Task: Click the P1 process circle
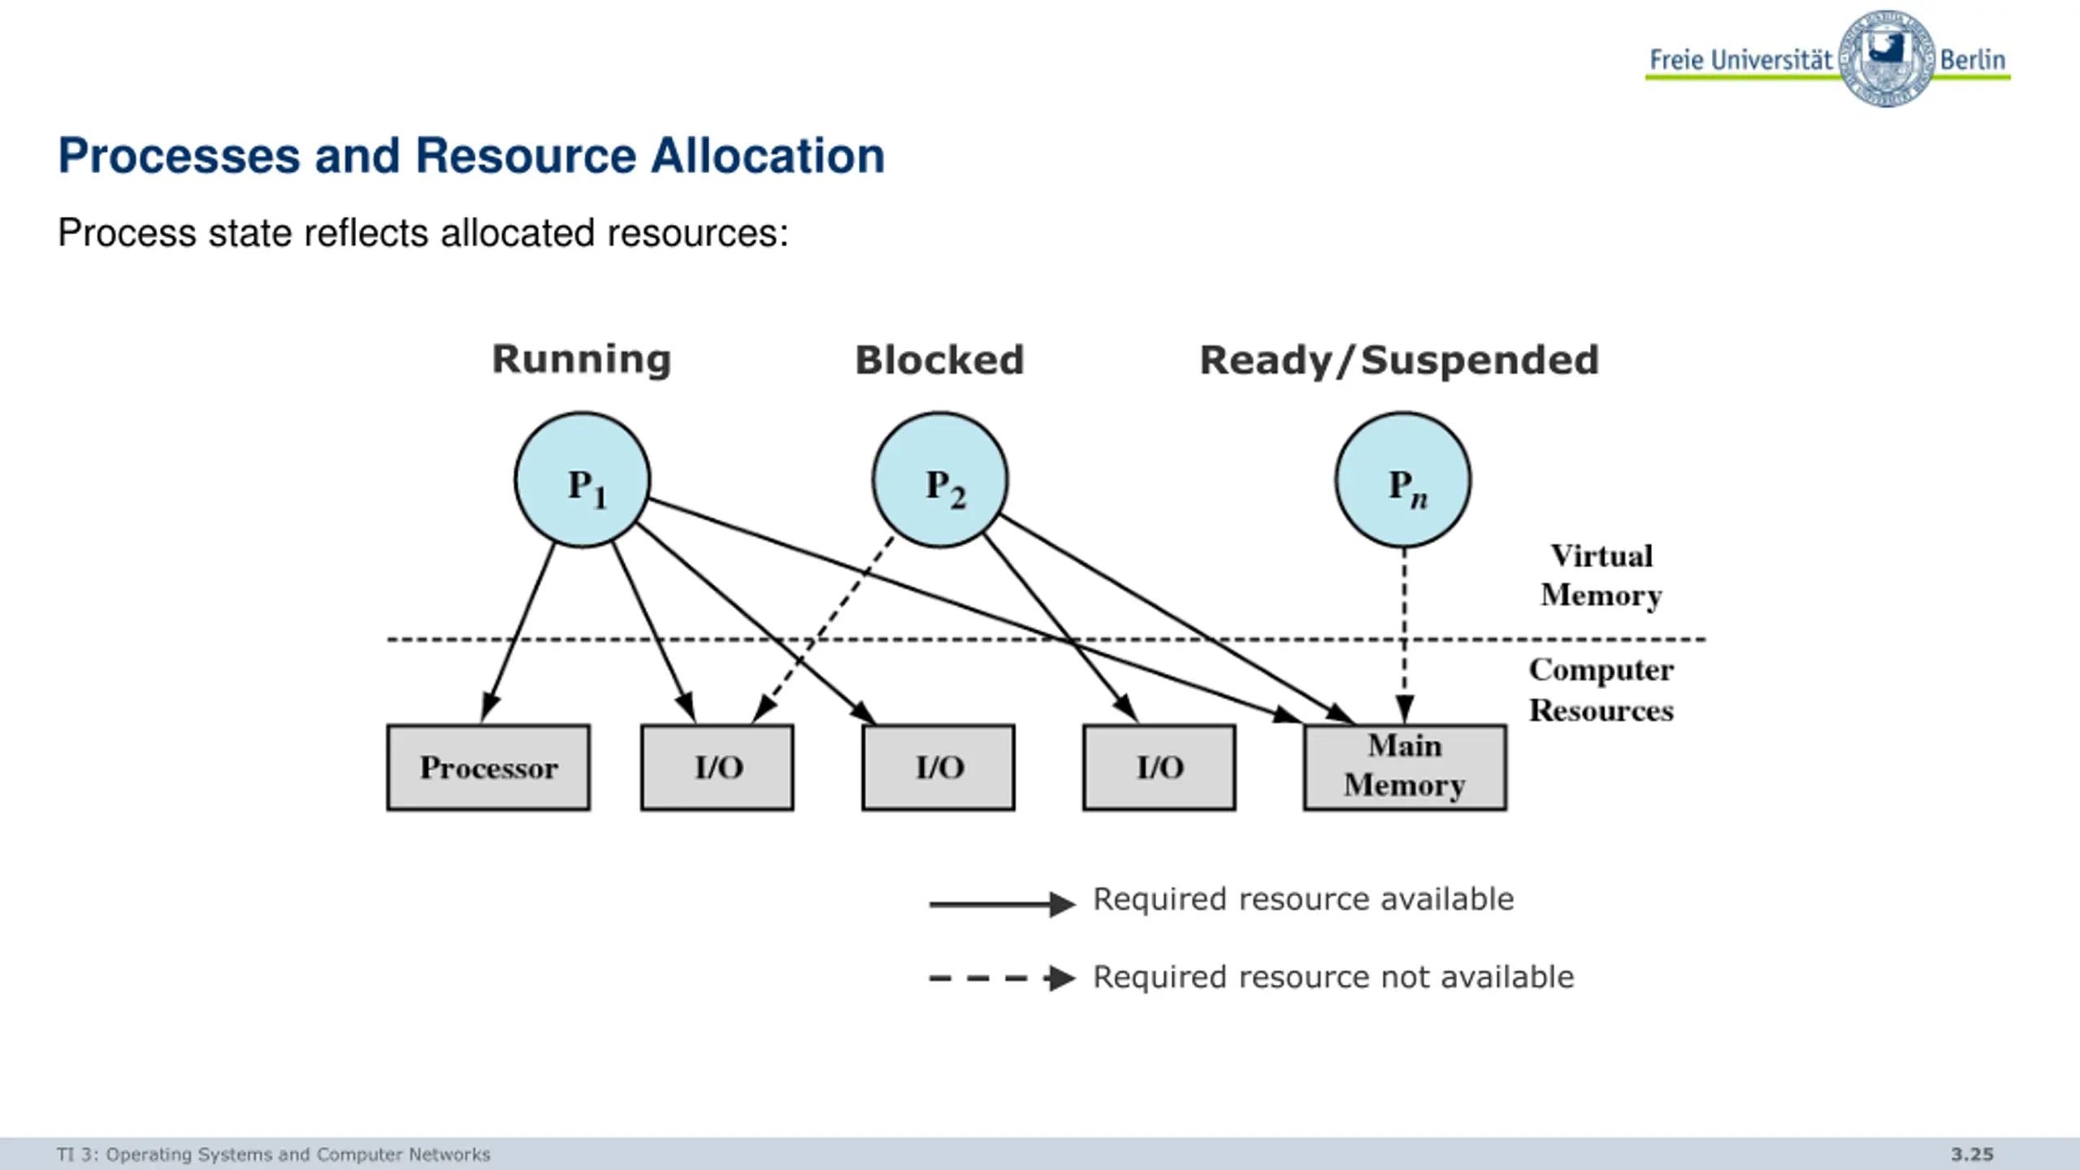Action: click(x=583, y=479)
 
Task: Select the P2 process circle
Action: click(x=940, y=479)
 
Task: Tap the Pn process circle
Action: click(x=1403, y=479)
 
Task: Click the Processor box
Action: click(x=488, y=768)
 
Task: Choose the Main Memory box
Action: click(x=1405, y=768)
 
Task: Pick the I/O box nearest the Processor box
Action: click(x=717, y=768)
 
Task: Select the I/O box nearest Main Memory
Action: click(x=1159, y=768)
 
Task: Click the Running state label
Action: click(x=582, y=360)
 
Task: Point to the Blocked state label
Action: click(x=940, y=360)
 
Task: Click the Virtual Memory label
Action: click(x=1601, y=576)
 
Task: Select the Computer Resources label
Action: click(x=1601, y=690)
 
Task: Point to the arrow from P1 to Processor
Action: click(x=518, y=632)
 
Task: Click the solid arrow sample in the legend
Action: click(x=1003, y=903)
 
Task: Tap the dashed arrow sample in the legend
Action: click(x=1003, y=978)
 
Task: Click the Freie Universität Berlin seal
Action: click(x=1887, y=58)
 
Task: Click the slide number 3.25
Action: click(x=1973, y=1155)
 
